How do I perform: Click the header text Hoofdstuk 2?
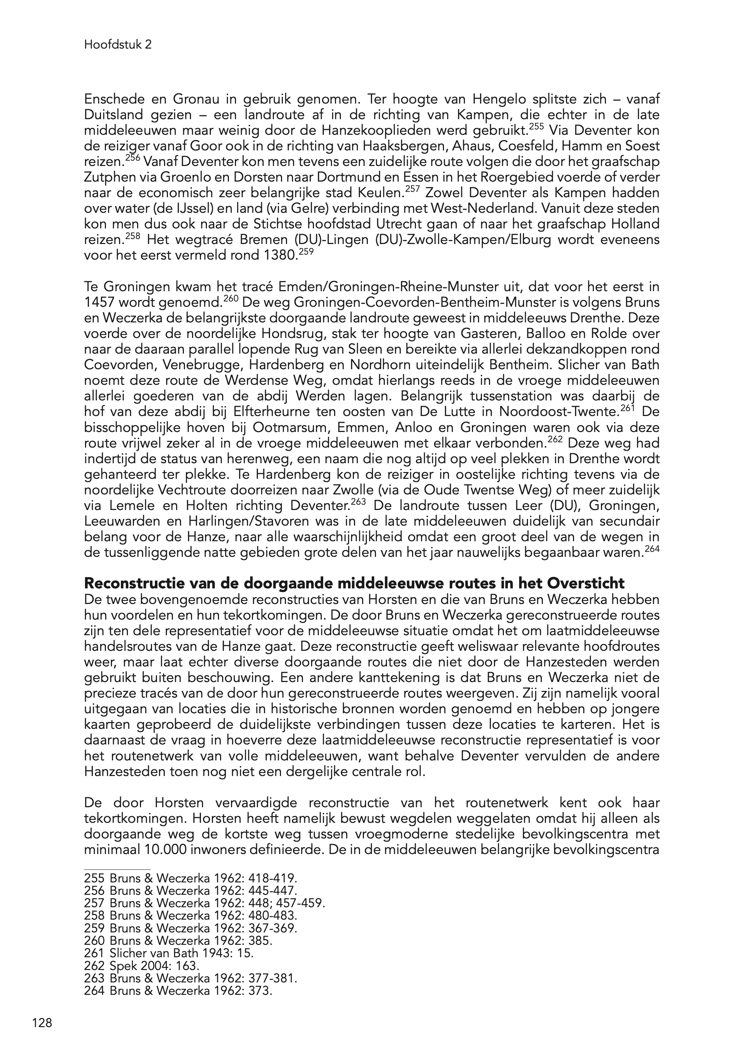[x=118, y=45]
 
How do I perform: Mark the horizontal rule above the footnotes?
[x=117, y=870]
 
